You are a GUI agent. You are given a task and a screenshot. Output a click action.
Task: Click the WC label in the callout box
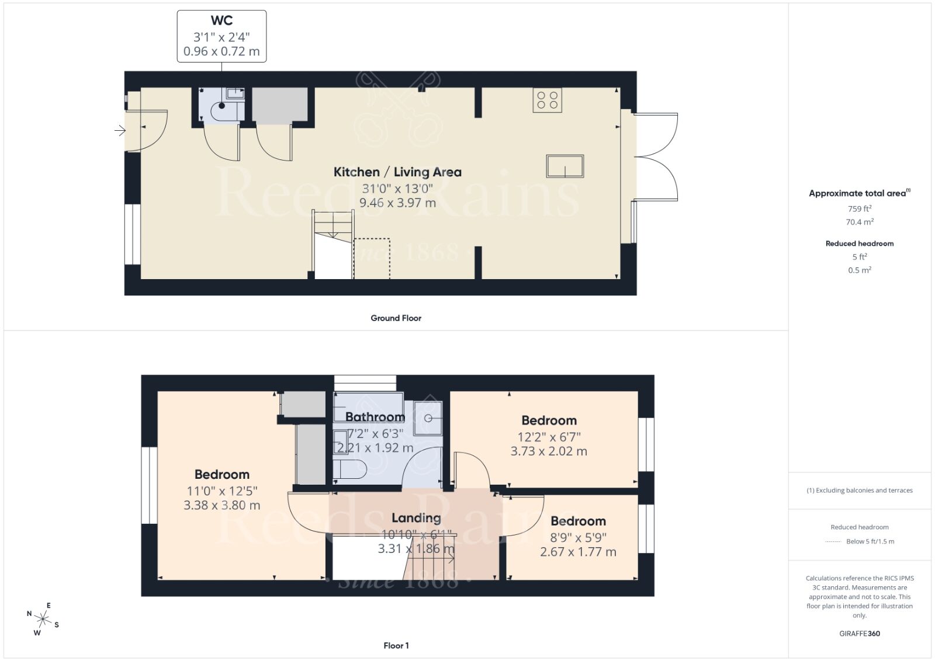pos(221,20)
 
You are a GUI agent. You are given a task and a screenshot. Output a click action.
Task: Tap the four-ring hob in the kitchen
pos(548,100)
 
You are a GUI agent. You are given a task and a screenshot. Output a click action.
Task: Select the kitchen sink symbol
pos(565,166)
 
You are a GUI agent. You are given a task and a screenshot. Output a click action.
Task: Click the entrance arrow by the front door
pos(120,131)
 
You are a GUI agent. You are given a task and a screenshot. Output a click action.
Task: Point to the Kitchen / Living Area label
pos(397,172)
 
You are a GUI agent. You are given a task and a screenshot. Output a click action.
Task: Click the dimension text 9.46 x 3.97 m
pos(397,203)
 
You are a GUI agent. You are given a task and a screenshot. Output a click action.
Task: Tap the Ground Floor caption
pos(396,318)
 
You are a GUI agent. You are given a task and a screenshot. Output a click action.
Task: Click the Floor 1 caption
pos(396,646)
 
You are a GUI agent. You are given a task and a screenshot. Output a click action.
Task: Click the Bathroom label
pos(375,417)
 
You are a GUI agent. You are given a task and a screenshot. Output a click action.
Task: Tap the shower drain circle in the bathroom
pos(428,419)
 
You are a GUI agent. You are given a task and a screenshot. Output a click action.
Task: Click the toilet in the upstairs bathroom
pos(351,469)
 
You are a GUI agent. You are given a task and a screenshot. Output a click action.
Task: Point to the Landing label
pos(416,518)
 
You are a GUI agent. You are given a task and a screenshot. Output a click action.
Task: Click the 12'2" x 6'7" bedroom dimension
pos(549,436)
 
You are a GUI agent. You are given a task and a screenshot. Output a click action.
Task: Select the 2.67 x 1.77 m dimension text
pos(578,552)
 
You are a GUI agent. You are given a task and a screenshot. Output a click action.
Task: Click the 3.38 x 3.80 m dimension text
pos(221,506)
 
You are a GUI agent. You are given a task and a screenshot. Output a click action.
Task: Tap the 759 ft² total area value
pos(860,208)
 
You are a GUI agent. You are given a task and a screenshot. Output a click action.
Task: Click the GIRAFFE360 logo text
pos(860,634)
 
